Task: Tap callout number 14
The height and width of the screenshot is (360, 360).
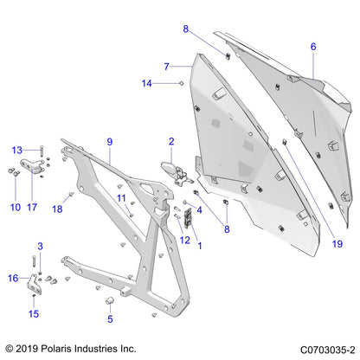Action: tap(148, 83)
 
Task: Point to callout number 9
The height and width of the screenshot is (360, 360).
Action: tap(110, 141)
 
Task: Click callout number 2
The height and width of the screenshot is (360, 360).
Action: tap(171, 141)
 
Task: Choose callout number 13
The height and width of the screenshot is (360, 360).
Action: tap(16, 150)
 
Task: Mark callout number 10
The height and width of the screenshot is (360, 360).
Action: tap(15, 207)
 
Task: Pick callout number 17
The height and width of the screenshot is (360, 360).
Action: tap(33, 207)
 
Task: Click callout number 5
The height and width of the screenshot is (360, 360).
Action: tap(110, 318)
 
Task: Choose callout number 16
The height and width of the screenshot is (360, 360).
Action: tap(13, 278)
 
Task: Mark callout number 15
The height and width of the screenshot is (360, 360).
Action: tap(34, 313)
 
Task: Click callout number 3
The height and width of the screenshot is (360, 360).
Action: tap(39, 247)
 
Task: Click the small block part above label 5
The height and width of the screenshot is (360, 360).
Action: tap(111, 300)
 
